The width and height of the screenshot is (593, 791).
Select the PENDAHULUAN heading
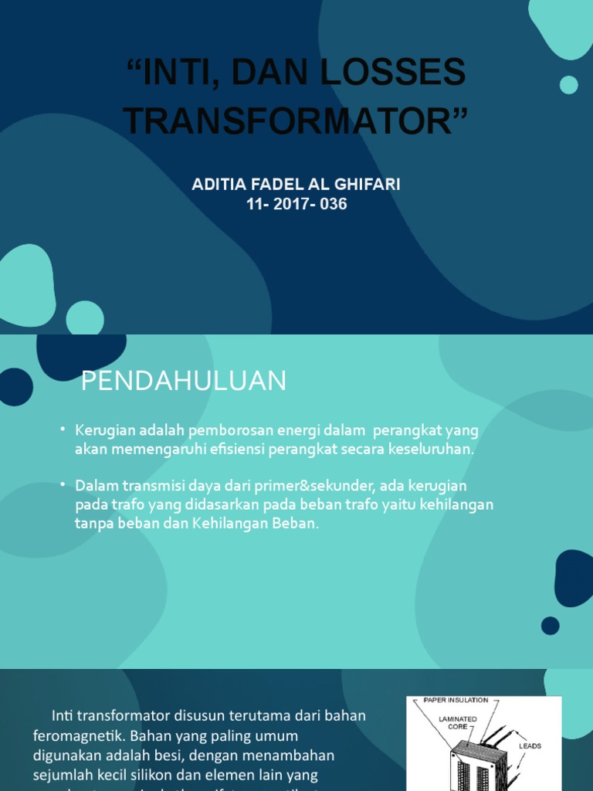pyautogui.click(x=184, y=381)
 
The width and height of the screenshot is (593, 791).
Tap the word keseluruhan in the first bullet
pyautogui.click(x=432, y=450)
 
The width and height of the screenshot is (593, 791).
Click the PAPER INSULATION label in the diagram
pyautogui.click(x=456, y=700)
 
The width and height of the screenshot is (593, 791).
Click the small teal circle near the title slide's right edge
pyautogui.click(x=569, y=85)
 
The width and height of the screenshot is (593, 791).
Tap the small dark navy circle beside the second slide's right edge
pyautogui.click(x=550, y=626)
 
